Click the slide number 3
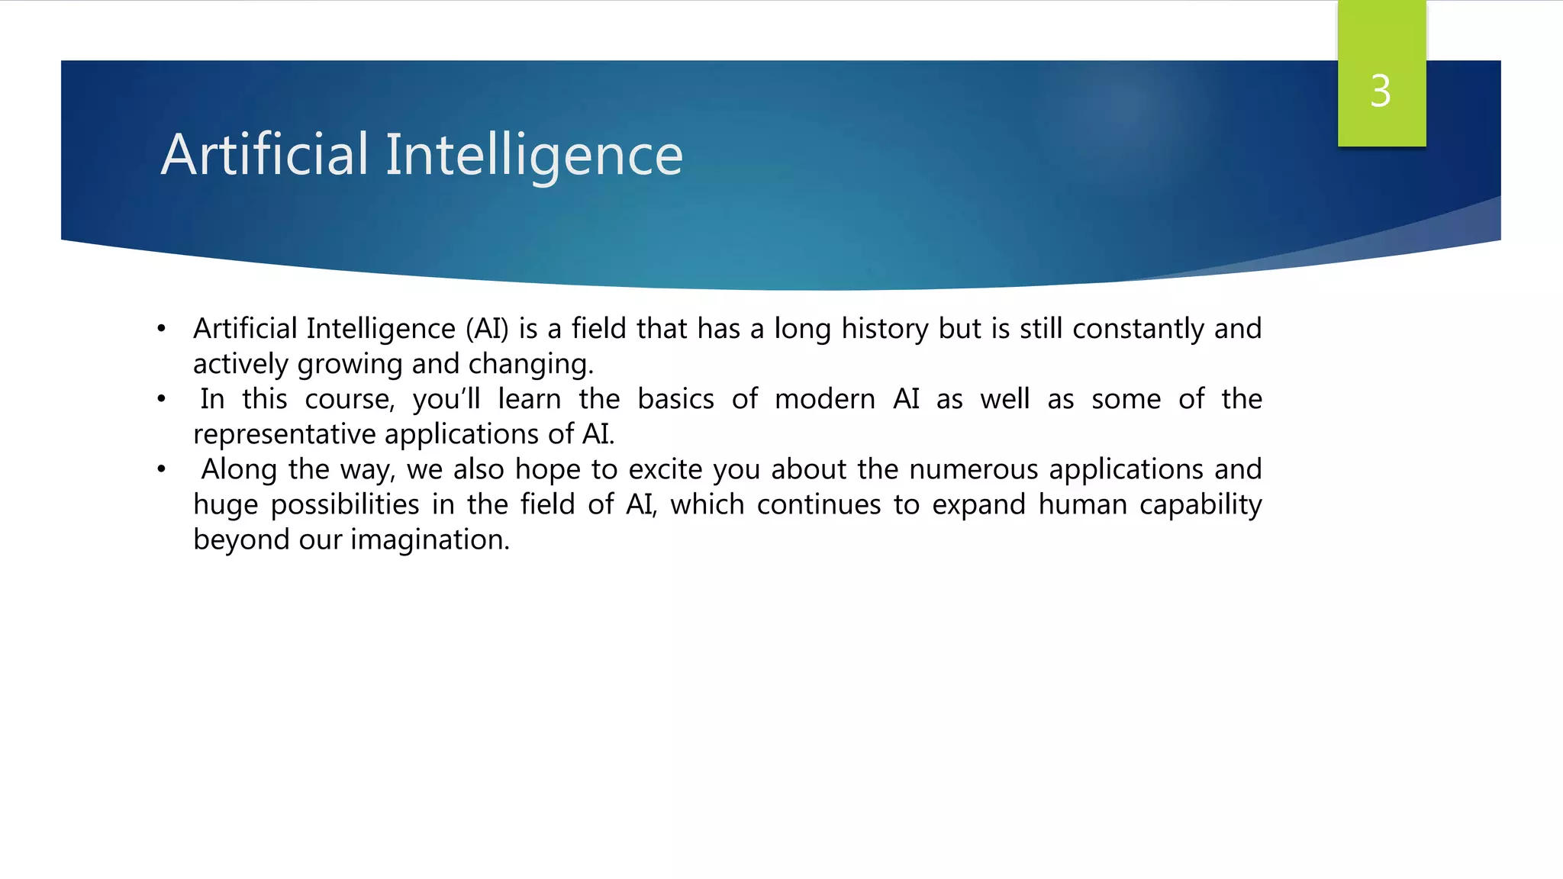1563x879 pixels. tap(1381, 91)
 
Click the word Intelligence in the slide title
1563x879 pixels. tap(533, 155)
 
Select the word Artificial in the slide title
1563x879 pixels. tap(265, 155)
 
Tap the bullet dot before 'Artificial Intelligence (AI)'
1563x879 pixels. tap(161, 330)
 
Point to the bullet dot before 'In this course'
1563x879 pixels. tap(161, 400)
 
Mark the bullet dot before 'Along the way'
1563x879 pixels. tap(161, 470)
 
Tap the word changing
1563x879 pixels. tap(530, 365)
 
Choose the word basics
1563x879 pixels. tap(675, 400)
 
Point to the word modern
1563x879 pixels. tap(824, 400)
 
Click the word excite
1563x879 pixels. tap(665, 470)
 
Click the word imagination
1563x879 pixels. tap(430, 540)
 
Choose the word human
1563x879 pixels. tap(1082, 505)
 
